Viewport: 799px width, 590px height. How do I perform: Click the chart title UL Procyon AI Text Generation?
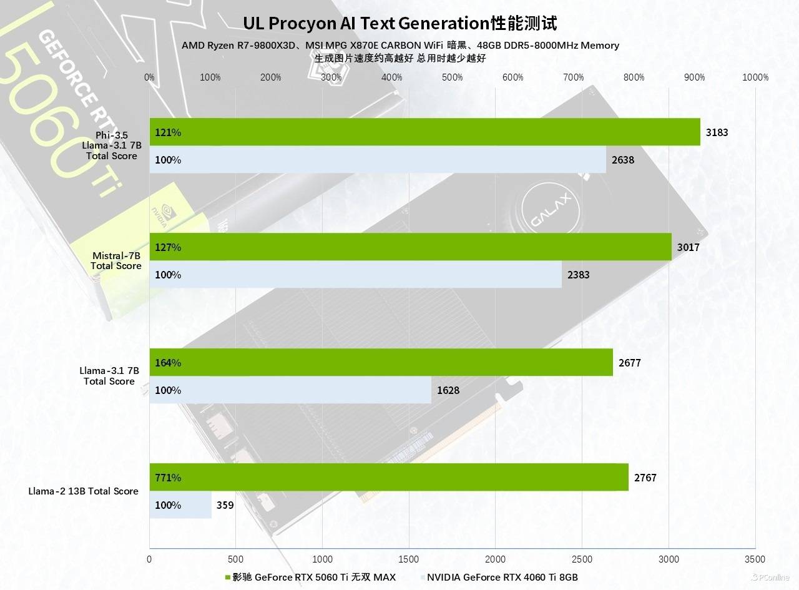point(399,23)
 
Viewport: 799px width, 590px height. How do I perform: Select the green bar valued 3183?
point(424,132)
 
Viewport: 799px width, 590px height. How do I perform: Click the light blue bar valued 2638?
point(378,160)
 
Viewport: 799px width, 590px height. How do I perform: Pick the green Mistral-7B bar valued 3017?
point(410,247)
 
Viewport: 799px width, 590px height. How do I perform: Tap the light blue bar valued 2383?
point(355,275)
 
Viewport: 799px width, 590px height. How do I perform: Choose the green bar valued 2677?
point(381,363)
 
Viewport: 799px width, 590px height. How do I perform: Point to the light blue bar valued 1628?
point(290,390)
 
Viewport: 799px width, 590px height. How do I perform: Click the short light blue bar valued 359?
point(180,505)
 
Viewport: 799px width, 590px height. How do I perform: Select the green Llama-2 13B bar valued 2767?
point(388,478)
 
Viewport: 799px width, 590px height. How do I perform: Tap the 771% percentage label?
point(168,478)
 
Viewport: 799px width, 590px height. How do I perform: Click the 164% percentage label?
point(168,363)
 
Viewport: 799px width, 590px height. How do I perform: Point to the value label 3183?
point(717,132)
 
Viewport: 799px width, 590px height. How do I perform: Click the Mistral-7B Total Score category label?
point(115,261)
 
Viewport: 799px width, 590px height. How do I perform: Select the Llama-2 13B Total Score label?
point(83,491)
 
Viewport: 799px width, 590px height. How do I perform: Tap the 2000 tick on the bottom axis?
point(495,559)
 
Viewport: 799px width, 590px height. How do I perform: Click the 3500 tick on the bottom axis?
point(755,559)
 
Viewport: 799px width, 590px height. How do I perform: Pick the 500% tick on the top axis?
point(452,77)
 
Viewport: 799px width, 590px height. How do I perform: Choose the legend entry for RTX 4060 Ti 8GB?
point(502,577)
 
